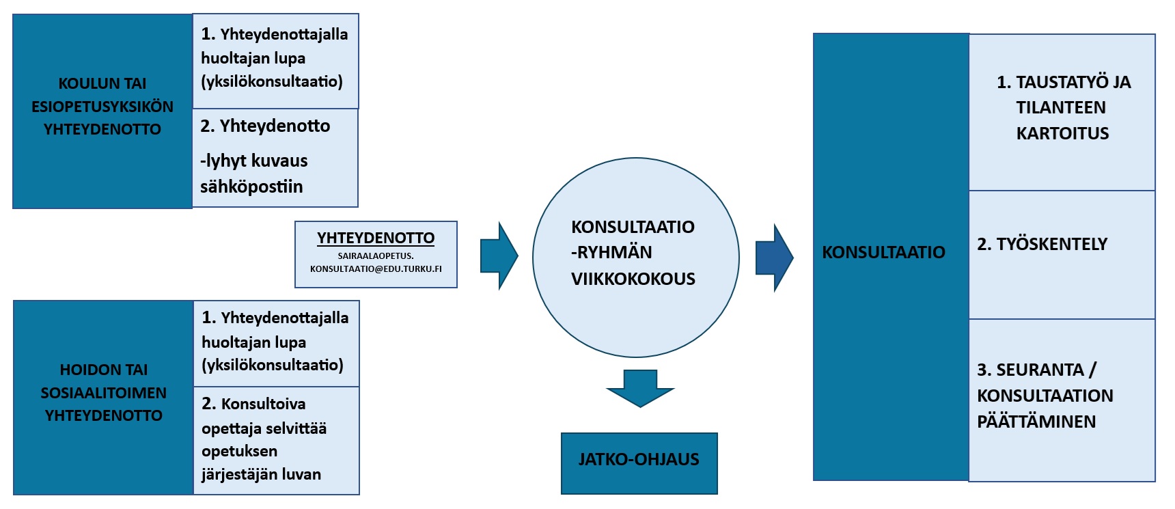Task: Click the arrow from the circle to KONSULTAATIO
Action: [774, 258]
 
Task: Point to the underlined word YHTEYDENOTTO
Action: [376, 238]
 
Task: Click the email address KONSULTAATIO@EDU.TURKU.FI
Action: [376, 269]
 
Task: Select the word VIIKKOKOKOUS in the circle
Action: [633, 279]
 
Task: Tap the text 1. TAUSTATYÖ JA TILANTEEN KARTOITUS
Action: [1063, 108]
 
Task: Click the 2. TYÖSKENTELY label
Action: [1042, 244]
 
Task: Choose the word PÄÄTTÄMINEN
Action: [1036, 422]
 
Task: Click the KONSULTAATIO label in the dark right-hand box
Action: [883, 252]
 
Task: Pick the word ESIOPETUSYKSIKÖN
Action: [102, 107]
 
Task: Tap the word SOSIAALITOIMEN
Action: [103, 393]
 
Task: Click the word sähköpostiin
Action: [251, 187]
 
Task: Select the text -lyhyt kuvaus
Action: [254, 161]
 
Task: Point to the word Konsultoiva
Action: [263, 404]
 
